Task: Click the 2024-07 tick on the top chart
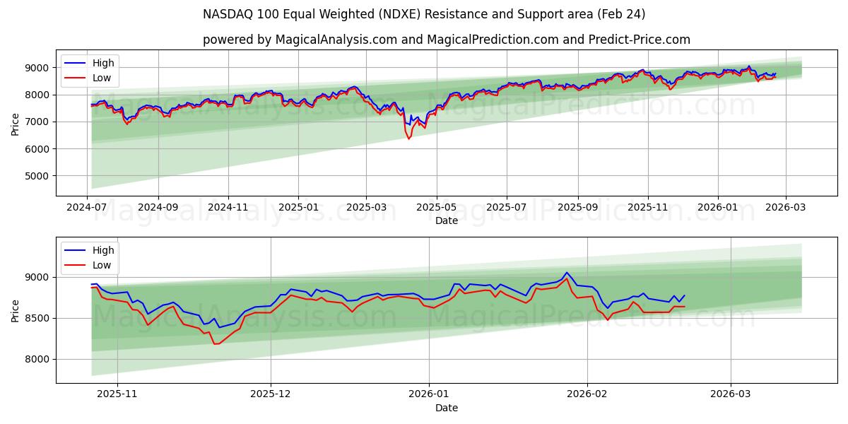(88, 207)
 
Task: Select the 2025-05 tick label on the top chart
(436, 207)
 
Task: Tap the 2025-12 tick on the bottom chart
(271, 394)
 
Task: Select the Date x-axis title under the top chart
(446, 220)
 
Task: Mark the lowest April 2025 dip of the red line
(408, 139)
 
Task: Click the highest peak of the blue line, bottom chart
(566, 273)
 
